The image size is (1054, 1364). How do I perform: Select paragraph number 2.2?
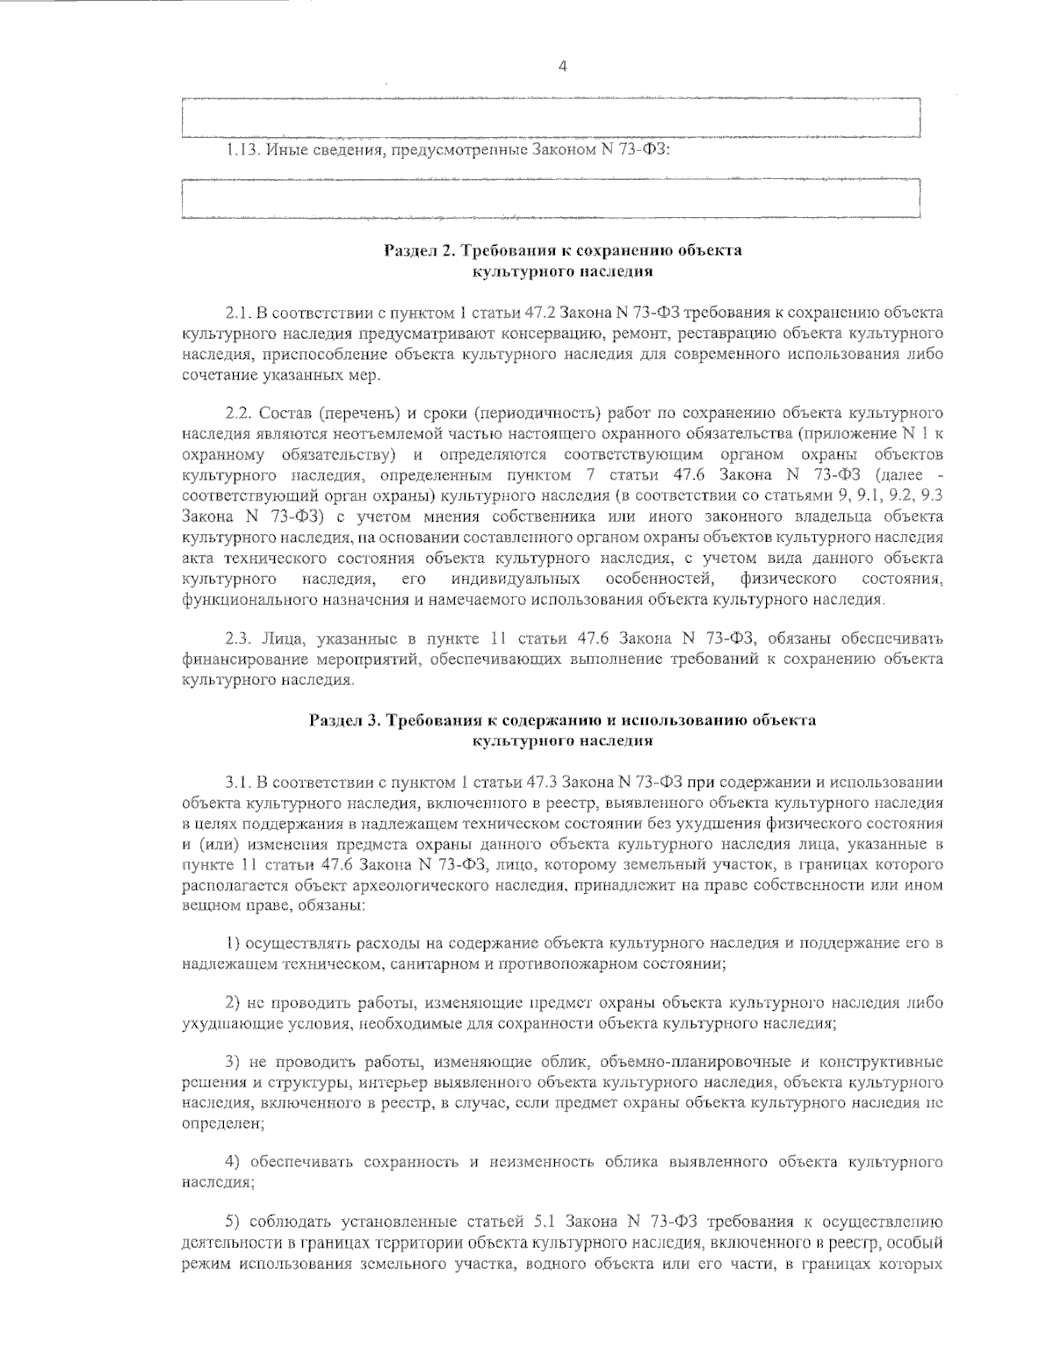[x=239, y=412]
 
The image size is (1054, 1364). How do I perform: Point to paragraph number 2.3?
[x=239, y=638]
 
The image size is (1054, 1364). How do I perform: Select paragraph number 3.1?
[x=239, y=781]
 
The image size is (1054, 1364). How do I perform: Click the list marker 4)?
[x=235, y=1162]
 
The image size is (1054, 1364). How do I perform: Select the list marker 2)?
[x=235, y=1002]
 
